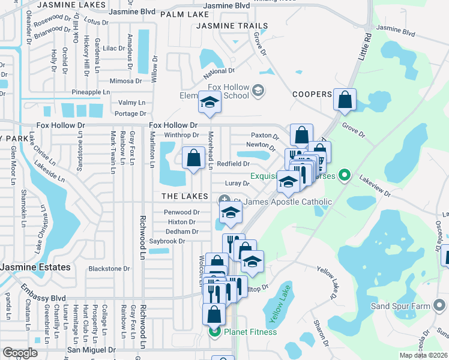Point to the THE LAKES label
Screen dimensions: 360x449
click(x=185, y=197)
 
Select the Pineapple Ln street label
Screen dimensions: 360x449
click(x=91, y=92)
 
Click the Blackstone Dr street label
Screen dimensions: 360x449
click(x=109, y=269)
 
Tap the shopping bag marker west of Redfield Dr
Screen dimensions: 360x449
click(x=193, y=159)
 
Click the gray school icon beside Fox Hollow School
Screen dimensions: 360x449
click(x=258, y=91)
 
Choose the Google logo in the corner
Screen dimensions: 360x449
click(x=20, y=353)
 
